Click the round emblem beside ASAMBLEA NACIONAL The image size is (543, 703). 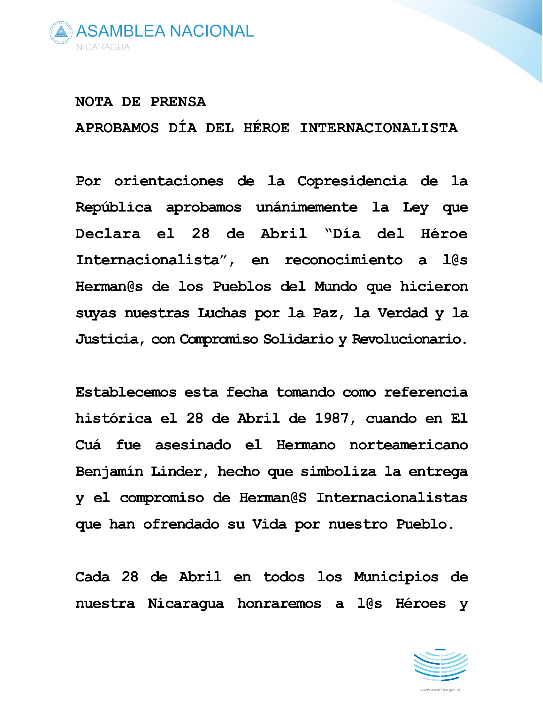pyautogui.click(x=61, y=33)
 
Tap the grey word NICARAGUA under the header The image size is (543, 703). pyautogui.click(x=103, y=47)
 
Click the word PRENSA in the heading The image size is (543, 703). pyautogui.click(x=178, y=102)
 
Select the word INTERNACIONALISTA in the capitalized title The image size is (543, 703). pyautogui.click(x=379, y=128)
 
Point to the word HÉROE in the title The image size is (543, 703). pyautogui.click(x=266, y=128)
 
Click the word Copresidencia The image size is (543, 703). pyautogui.click(x=352, y=181)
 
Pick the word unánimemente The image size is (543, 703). pyautogui.click(x=307, y=208)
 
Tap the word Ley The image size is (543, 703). pyautogui.click(x=416, y=208)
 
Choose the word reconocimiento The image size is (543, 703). pyautogui.click(x=344, y=260)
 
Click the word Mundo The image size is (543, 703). pyautogui.click(x=336, y=287)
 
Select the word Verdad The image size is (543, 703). pyautogui.click(x=402, y=313)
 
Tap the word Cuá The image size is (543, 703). pyautogui.click(x=88, y=445)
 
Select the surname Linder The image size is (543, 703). pyautogui.click(x=179, y=472)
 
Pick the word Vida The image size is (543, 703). pyautogui.click(x=269, y=524)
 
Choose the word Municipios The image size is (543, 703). pyautogui.click(x=396, y=577)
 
